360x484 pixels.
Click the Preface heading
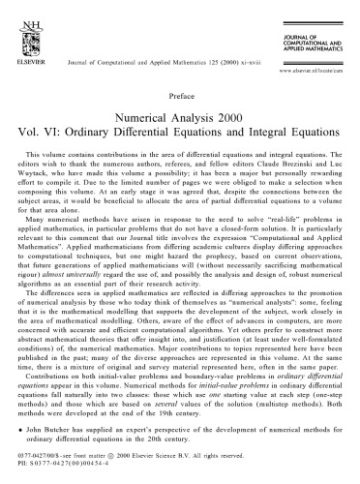coord(180,96)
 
